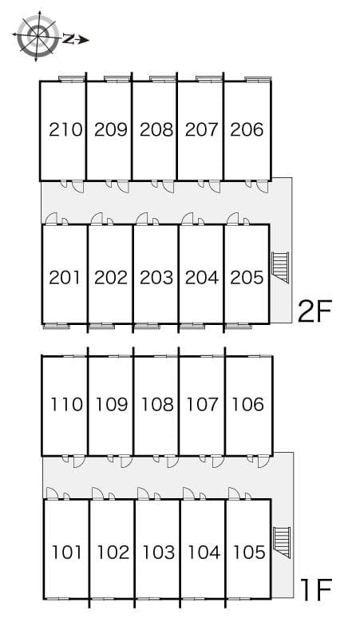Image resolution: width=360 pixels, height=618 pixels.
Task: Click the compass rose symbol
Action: click(37, 36)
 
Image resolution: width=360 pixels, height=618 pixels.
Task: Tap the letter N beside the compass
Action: click(68, 38)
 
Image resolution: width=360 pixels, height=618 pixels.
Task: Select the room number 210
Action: click(65, 129)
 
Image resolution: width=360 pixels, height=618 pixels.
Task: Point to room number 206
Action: click(247, 129)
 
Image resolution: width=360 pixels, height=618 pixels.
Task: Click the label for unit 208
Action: click(156, 129)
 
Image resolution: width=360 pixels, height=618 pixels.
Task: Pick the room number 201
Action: click(65, 278)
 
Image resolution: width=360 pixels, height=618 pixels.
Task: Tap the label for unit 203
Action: click(156, 278)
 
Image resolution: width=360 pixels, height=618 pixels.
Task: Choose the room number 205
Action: click(247, 278)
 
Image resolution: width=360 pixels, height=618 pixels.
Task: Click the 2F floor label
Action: click(315, 311)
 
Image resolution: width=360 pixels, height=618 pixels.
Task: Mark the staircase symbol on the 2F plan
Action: click(280, 267)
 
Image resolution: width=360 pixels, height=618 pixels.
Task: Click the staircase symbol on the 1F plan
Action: click(282, 542)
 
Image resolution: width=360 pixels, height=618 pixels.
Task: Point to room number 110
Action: click(66, 404)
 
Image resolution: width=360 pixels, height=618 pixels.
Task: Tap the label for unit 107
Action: click(202, 404)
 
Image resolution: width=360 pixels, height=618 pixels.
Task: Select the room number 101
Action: click(67, 553)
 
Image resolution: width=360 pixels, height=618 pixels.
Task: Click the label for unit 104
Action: click(204, 553)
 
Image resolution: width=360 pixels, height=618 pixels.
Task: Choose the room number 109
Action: click(112, 404)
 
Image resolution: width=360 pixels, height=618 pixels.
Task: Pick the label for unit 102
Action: click(113, 553)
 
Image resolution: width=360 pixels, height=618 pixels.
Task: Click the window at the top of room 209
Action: click(117, 79)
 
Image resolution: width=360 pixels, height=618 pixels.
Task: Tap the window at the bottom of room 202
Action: click(101, 326)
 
